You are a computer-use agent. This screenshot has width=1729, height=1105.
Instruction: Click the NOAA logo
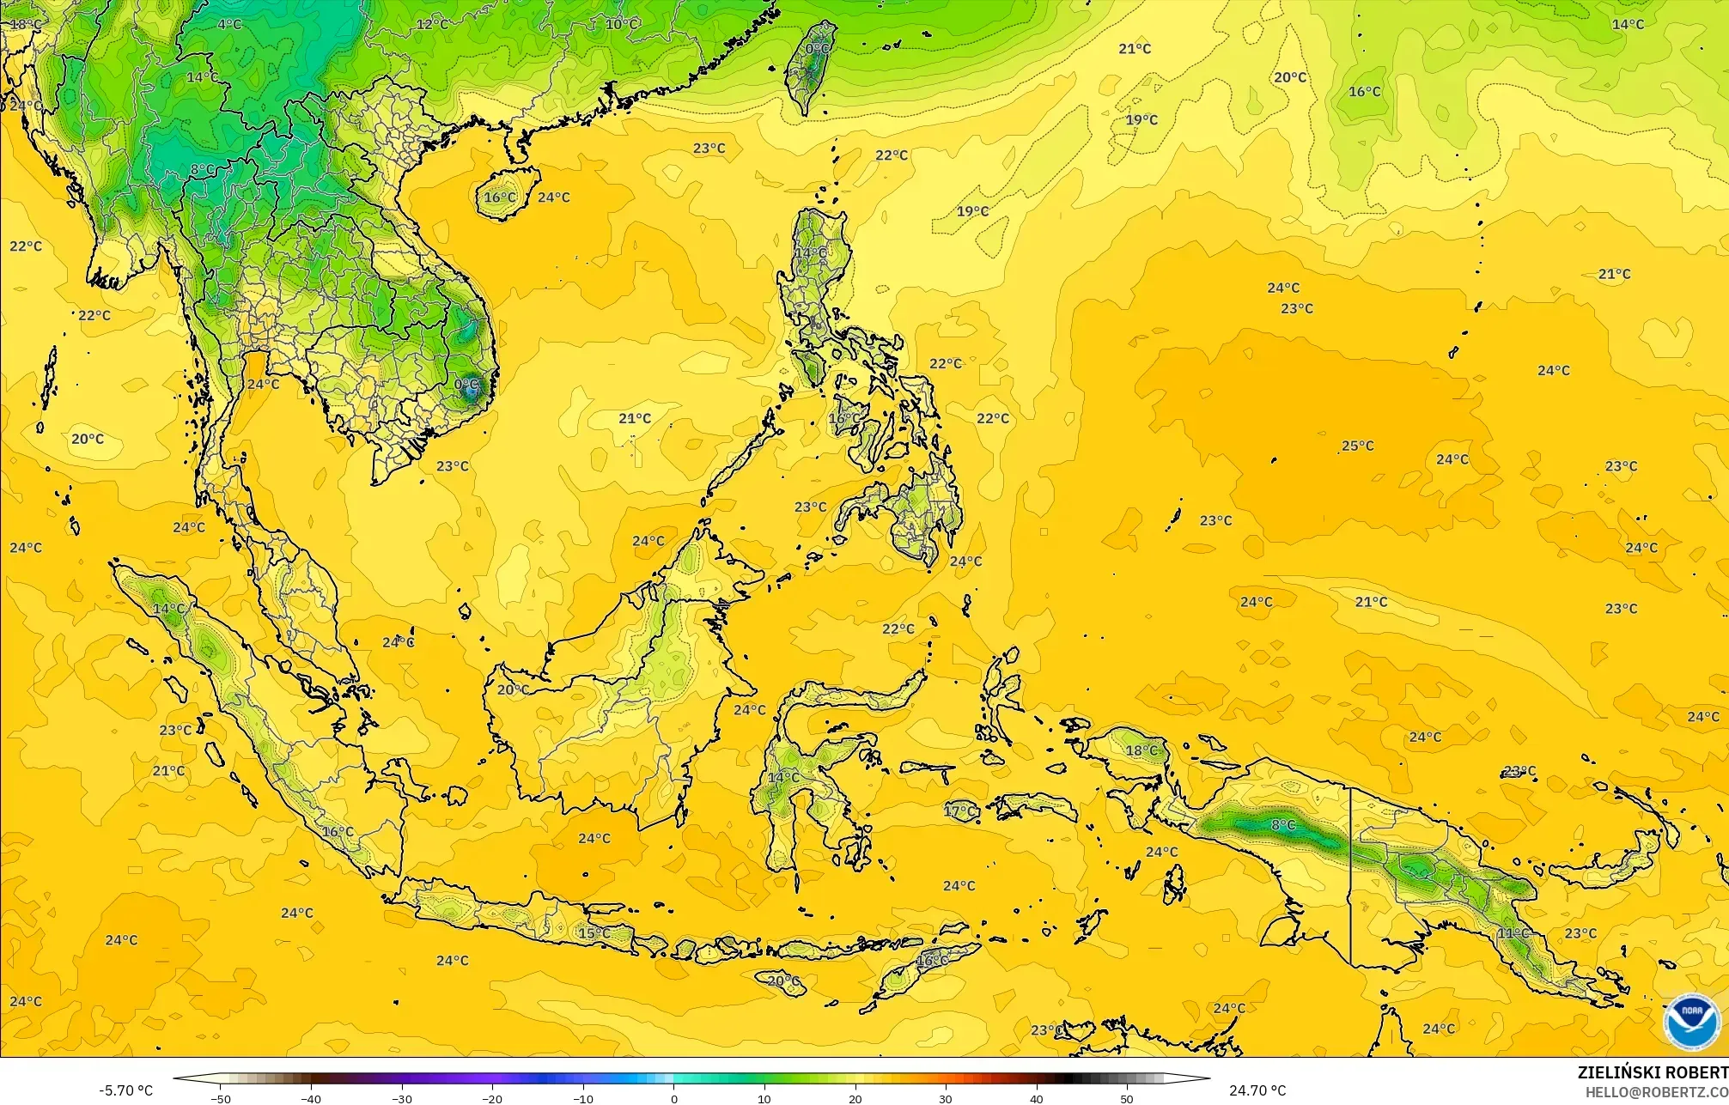[1691, 1022]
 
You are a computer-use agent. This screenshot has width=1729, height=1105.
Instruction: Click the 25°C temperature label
[1358, 446]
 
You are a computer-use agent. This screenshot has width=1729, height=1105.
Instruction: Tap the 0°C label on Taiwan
[818, 50]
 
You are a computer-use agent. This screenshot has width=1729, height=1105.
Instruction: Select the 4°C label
[229, 24]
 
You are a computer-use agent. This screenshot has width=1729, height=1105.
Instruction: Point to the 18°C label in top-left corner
[25, 24]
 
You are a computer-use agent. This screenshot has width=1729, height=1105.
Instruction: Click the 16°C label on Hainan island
[500, 197]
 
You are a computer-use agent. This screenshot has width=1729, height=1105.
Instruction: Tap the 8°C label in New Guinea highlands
[1283, 825]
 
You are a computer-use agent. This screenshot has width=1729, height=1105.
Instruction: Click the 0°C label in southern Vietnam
[467, 384]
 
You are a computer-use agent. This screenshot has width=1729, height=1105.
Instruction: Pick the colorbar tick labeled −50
[220, 1098]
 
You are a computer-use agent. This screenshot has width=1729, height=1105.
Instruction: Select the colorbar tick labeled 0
[673, 1098]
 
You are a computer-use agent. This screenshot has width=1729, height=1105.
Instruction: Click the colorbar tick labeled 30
[946, 1098]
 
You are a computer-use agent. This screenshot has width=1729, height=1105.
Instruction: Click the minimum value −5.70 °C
[125, 1090]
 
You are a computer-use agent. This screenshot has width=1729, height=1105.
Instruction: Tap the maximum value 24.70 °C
[1257, 1090]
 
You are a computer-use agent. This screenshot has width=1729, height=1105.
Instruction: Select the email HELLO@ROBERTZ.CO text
[1656, 1092]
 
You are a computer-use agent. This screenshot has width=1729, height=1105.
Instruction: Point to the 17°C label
[960, 811]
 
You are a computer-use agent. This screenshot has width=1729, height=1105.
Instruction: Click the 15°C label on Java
[594, 933]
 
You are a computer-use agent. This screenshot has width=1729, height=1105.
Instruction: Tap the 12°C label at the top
[432, 24]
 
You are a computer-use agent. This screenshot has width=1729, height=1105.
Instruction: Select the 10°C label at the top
[622, 24]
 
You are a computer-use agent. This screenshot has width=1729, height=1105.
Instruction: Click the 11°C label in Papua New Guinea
[1513, 932]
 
